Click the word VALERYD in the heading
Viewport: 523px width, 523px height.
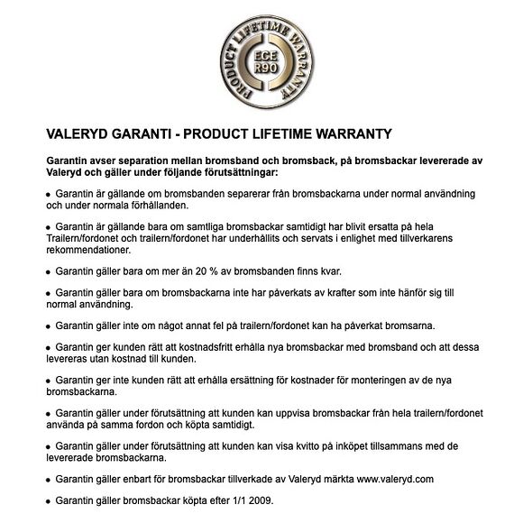pyautogui.click(x=81, y=133)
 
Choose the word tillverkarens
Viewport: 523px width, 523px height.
pyautogui.click(x=441, y=237)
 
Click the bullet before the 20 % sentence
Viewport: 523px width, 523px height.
pyautogui.click(x=48, y=271)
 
